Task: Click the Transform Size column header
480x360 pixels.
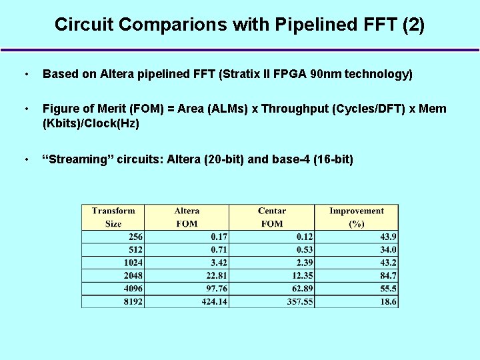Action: tap(113, 217)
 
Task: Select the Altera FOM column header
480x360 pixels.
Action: tap(187, 217)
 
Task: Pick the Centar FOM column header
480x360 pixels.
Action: tap(271, 217)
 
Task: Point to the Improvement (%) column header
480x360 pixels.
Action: tap(357, 217)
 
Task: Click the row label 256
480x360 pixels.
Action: tap(135, 237)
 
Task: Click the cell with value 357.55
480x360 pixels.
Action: tap(297, 301)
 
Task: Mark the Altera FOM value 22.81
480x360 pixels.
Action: tap(214, 275)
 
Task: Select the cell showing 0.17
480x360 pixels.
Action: tap(219, 237)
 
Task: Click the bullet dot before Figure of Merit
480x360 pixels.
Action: tap(25, 109)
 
